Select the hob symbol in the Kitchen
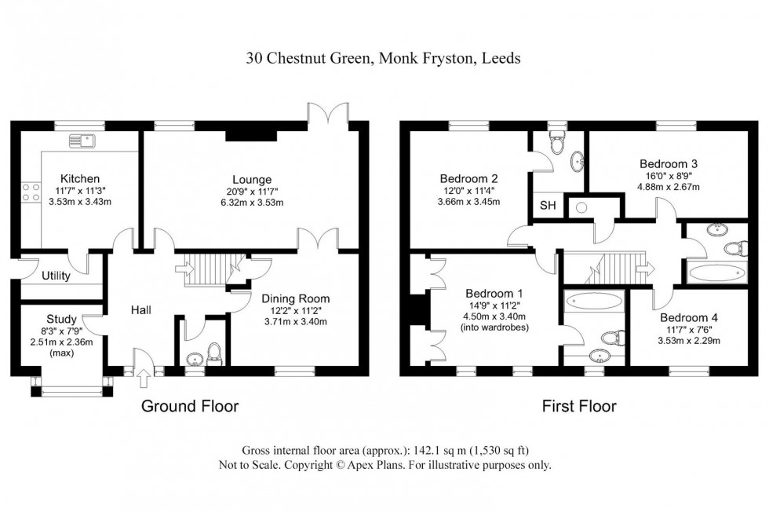[31, 193]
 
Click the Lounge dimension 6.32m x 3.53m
[251, 203]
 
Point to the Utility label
[56, 276]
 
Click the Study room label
[61, 320]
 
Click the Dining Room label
[295, 298]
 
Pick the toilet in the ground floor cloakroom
[213, 353]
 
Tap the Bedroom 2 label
[468, 177]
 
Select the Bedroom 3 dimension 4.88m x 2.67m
[667, 187]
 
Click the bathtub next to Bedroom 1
[594, 300]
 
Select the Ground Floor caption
[189, 406]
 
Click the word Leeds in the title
[500, 58]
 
